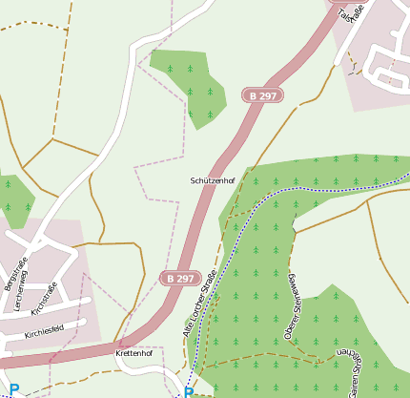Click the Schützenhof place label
(212, 179)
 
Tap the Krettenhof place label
(133, 353)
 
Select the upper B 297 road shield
(262, 95)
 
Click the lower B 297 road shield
(178, 278)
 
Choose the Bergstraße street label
(12, 273)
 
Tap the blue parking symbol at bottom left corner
(13, 390)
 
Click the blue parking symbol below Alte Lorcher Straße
(189, 392)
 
